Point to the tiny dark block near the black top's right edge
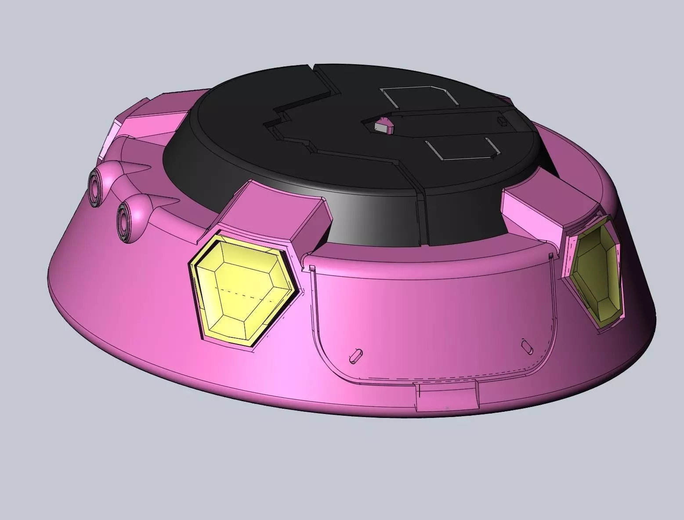501,120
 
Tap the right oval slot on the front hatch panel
526,345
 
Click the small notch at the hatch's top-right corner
551,256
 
